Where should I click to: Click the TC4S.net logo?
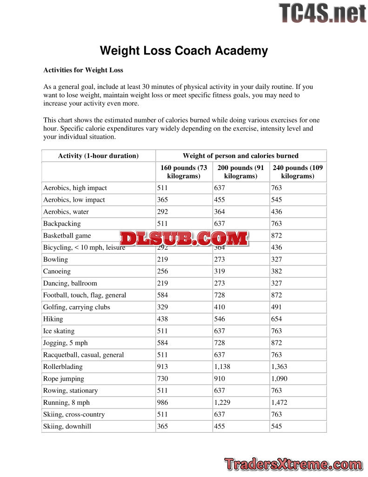pyautogui.click(x=322, y=13)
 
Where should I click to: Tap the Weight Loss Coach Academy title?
pyautogui.click(x=184, y=51)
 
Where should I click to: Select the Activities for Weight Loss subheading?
pyautogui.click(x=83, y=70)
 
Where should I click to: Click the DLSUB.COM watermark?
pyautogui.click(x=184, y=238)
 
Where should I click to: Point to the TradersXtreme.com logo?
pyautogui.click(x=293, y=464)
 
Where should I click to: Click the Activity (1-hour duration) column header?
pyautogui.click(x=98, y=156)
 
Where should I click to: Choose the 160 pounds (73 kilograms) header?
pyautogui.click(x=184, y=172)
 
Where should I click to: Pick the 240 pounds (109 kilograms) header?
pyautogui.click(x=298, y=172)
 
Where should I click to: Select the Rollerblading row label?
pyautogui.click(x=64, y=367)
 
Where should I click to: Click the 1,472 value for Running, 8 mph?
pyautogui.click(x=280, y=402)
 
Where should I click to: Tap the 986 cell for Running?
pyautogui.click(x=162, y=402)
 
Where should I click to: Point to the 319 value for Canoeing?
pyautogui.click(x=220, y=271)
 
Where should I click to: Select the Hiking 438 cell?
pyautogui.click(x=162, y=319)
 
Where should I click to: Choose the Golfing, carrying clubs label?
pyautogui.click(x=77, y=307)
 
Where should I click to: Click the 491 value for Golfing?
pyautogui.click(x=276, y=307)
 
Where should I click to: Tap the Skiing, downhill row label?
pyautogui.click(x=67, y=426)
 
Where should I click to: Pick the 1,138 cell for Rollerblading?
pyautogui.click(x=222, y=367)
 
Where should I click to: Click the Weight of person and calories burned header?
pyautogui.click(x=241, y=156)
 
